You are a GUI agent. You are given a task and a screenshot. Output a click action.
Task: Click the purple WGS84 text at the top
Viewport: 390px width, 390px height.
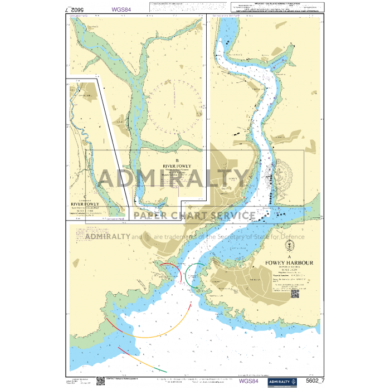121,9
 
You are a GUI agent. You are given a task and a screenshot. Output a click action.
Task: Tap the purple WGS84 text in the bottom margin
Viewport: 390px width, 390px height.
249,382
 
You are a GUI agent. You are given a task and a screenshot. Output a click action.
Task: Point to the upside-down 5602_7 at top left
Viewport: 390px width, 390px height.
77,9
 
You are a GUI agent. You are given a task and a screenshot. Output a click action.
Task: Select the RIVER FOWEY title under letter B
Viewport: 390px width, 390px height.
177,166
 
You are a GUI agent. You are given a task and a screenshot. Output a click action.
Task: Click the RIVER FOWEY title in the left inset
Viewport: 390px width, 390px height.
85,204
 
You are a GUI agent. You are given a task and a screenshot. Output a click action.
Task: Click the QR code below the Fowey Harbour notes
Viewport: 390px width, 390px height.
295,294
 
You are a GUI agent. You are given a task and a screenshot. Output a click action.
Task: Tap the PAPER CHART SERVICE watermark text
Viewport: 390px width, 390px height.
194,216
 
